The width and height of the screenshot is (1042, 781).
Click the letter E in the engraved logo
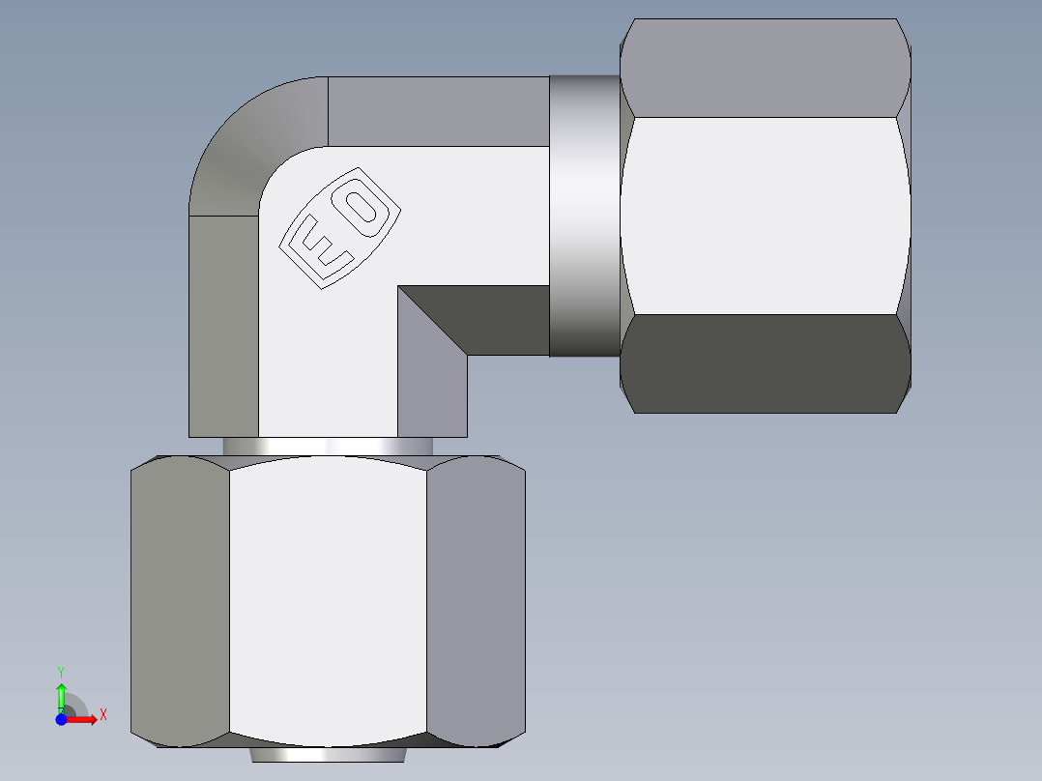coord(318,246)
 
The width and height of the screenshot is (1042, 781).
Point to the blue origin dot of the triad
coord(61,719)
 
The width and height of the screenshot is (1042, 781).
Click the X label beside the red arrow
coord(102,714)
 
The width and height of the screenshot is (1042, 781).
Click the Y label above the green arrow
coord(61,671)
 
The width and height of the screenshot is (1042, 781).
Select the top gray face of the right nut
coord(765,68)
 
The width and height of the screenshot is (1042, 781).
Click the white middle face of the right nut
coord(765,215)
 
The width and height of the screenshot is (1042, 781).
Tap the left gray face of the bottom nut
coord(180,599)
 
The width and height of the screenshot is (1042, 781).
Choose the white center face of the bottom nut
coord(328,599)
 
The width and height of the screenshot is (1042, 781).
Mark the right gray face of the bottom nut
coord(476,599)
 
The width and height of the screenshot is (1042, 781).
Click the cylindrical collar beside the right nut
coord(584,217)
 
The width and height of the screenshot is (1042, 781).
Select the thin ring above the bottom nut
coord(328,447)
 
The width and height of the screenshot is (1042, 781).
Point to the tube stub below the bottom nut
coord(328,754)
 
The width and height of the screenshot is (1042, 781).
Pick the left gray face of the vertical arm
coord(223,325)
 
